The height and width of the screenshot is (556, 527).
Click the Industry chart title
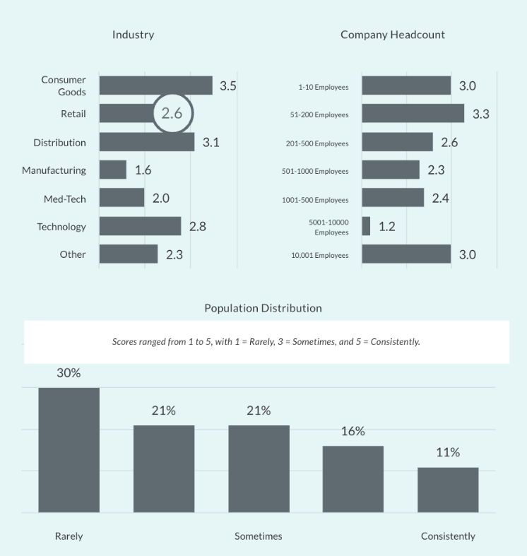click(133, 35)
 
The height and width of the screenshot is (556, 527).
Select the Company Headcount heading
click(392, 35)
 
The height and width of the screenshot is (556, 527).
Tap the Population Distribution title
click(263, 308)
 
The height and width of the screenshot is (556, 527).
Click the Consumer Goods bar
click(155, 85)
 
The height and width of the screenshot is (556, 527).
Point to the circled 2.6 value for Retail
click(172, 113)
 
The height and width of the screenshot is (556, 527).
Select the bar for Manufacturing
click(112, 170)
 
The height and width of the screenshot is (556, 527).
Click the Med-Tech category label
click(64, 199)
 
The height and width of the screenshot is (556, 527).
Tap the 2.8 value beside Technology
click(198, 227)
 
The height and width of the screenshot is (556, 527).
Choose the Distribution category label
click(59, 142)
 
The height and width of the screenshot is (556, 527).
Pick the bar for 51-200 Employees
click(413, 114)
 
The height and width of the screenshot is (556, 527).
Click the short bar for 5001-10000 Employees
click(366, 226)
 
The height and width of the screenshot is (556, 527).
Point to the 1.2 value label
click(386, 227)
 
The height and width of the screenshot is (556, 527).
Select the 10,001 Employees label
click(319, 255)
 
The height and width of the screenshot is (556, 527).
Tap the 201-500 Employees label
click(316, 143)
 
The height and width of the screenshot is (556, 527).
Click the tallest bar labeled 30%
click(69, 449)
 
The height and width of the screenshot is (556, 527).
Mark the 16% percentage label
click(353, 431)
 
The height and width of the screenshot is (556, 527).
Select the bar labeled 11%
click(448, 490)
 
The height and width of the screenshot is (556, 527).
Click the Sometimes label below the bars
click(258, 536)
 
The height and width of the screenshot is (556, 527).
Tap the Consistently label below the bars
click(448, 536)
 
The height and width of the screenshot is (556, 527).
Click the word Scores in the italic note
click(125, 342)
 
